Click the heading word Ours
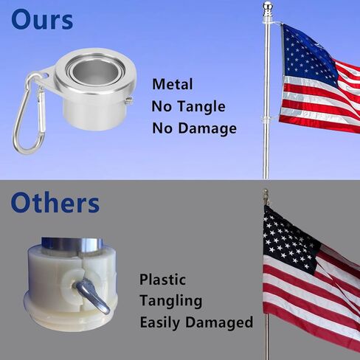coord(42,19)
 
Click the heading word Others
coord(55,202)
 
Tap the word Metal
coord(173,84)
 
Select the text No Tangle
coord(188,106)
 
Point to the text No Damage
coord(194,128)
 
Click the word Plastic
coord(162,280)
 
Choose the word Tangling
coord(171,301)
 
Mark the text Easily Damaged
coord(196,322)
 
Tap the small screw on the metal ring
coord(129,101)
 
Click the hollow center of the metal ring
coord(96,72)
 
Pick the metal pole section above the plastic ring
coord(72,244)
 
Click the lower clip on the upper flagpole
coord(268,120)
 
